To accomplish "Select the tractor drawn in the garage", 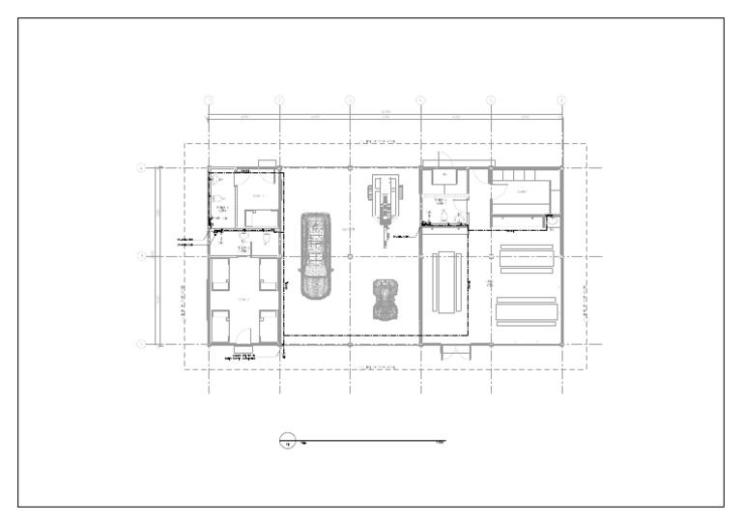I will click(x=386, y=200).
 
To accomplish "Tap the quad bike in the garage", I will click(x=386, y=299).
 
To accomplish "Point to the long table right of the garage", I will click(x=445, y=281).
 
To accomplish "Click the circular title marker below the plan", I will click(x=287, y=443).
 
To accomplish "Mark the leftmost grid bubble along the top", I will click(x=209, y=100).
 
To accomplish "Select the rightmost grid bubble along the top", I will click(x=561, y=100).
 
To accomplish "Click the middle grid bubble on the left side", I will click(x=141, y=256).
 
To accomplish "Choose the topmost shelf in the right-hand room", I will click(x=525, y=247).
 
